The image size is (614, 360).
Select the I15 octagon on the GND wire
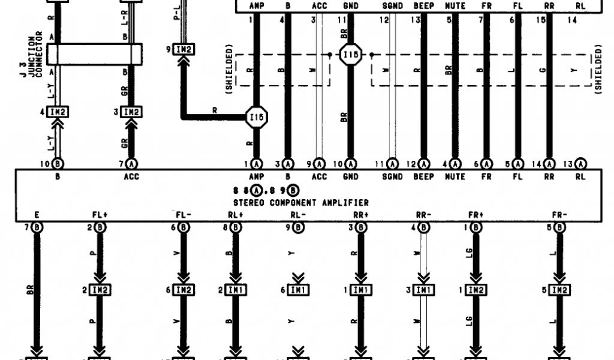click(x=350, y=56)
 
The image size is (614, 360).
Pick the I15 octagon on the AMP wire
click(x=257, y=118)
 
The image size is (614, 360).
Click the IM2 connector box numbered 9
click(x=183, y=49)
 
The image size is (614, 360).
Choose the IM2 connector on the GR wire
click(x=131, y=112)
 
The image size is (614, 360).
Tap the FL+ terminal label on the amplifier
click(x=100, y=215)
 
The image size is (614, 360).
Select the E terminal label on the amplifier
click(x=37, y=215)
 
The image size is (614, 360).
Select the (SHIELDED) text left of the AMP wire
click(x=229, y=72)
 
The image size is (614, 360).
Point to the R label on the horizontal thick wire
click(x=214, y=109)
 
